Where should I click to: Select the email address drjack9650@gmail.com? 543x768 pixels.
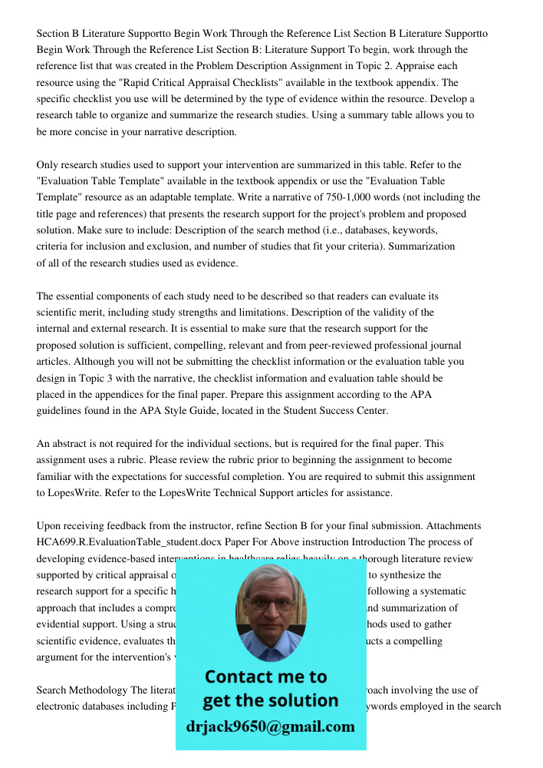tap(271, 727)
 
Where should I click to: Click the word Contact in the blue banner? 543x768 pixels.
tap(240, 677)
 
